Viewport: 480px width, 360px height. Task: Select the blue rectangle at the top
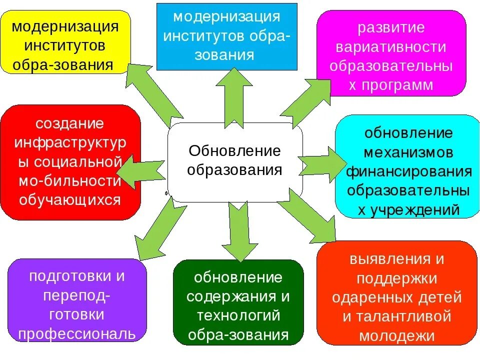click(x=226, y=36)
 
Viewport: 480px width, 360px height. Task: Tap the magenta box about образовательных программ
click(x=391, y=53)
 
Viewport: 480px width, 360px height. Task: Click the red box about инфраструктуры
click(x=70, y=162)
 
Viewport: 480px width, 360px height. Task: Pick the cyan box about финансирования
click(x=408, y=166)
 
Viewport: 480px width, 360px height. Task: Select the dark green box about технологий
click(x=238, y=302)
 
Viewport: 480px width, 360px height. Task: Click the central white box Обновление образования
click(x=234, y=161)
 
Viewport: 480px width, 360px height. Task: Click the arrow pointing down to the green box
click(x=239, y=230)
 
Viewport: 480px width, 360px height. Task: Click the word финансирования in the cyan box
click(x=409, y=172)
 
